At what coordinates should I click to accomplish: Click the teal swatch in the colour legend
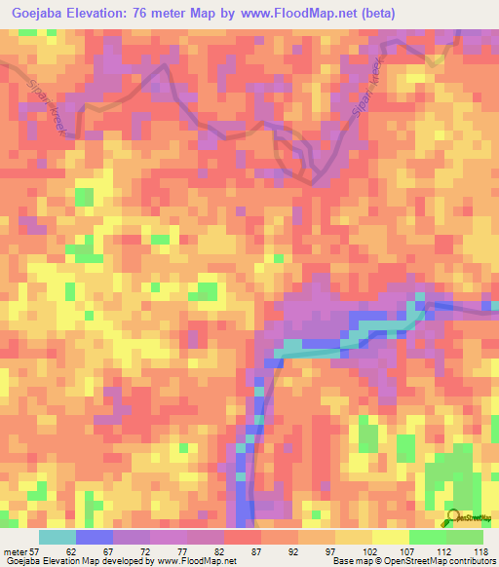pyautogui.click(x=58, y=537)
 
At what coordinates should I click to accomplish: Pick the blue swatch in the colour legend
pyautogui.click(x=95, y=537)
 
